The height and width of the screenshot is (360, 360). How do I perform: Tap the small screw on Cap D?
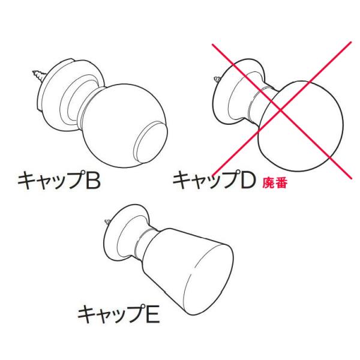point(217,79)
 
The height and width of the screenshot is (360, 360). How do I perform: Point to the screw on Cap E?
point(107,222)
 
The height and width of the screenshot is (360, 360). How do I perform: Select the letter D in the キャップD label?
point(247,181)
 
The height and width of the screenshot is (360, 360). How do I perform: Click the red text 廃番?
point(275,184)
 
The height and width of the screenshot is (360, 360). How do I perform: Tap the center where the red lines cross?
point(281,110)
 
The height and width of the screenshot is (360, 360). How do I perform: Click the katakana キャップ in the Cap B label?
point(50,181)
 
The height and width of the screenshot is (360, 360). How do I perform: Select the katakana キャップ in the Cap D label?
point(205,181)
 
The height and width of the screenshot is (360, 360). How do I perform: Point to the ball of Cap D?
point(301,126)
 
